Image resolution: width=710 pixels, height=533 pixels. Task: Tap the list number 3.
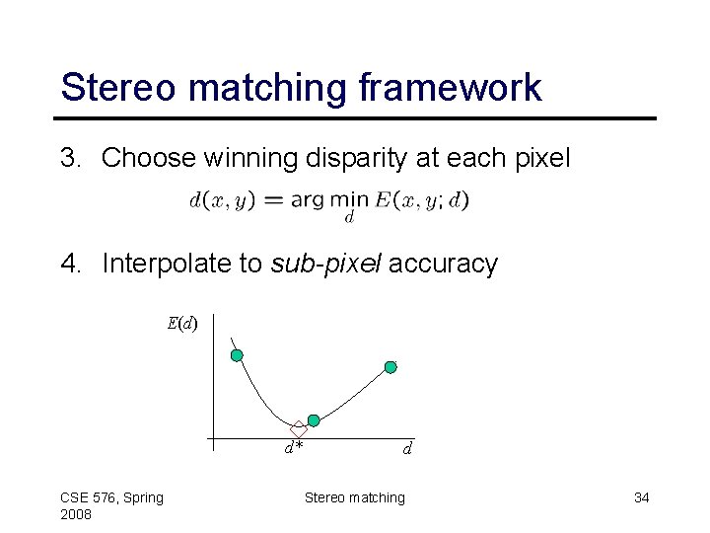71,158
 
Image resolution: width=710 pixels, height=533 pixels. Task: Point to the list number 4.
71,264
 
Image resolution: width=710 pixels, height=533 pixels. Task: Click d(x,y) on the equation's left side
222,200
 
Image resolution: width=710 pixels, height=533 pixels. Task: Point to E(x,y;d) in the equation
422,200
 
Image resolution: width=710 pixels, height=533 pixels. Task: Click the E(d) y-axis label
181,323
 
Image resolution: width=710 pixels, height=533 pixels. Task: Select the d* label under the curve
294,448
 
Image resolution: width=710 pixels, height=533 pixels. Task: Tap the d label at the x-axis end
406,448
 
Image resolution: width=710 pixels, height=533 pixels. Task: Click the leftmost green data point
237,355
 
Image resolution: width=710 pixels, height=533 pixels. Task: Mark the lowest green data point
314,420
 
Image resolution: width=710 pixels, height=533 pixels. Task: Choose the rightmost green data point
390,367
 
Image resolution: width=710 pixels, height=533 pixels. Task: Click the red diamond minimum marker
299,429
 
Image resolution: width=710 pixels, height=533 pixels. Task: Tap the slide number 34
641,497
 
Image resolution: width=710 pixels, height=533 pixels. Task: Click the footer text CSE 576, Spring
111,497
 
